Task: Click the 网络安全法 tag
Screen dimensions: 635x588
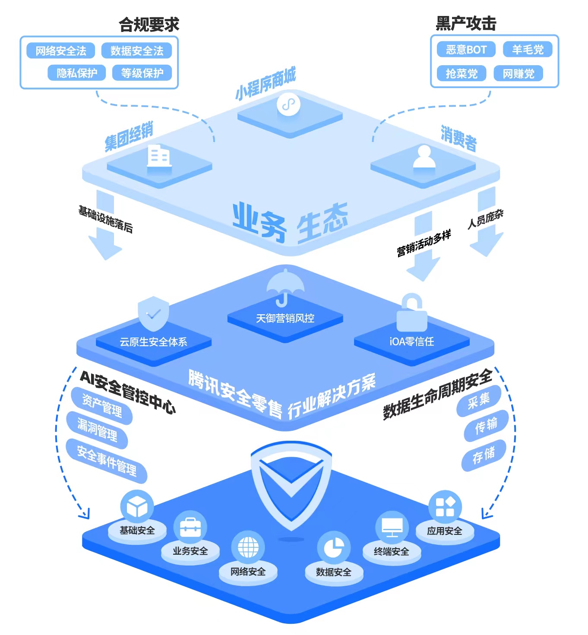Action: [x=61, y=51]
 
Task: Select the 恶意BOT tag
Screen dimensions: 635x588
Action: [x=466, y=50]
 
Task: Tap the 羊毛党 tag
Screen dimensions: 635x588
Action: [x=528, y=50]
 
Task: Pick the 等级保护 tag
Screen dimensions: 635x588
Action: [x=142, y=73]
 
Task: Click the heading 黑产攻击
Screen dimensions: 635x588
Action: [x=466, y=23]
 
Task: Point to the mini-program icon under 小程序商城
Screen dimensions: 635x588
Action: [x=288, y=104]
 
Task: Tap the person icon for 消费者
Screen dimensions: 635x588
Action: [x=424, y=156]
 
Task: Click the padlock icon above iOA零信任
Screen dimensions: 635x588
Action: [x=411, y=313]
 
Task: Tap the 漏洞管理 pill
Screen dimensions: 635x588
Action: [x=97, y=430]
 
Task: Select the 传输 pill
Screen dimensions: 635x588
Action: [x=486, y=425]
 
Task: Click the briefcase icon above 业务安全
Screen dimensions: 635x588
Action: [x=190, y=527]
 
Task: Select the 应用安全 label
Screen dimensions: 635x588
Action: [x=444, y=531]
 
